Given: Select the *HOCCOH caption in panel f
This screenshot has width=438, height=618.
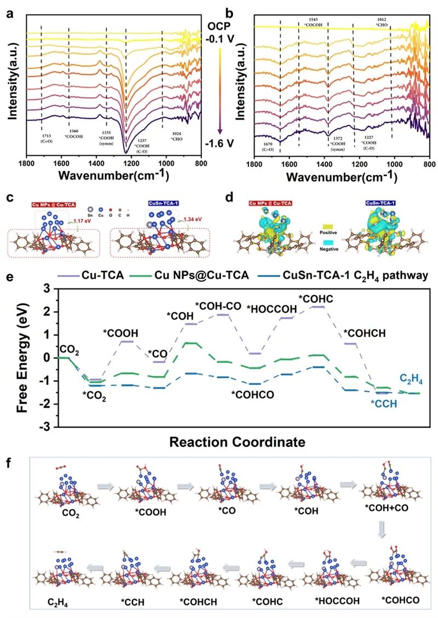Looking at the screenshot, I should coord(337,600).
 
